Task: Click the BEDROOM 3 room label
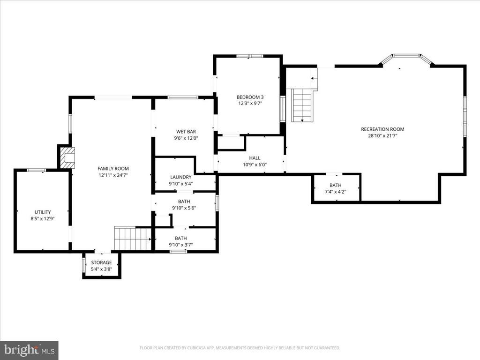tap(250, 97)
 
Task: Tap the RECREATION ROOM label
tap(382, 129)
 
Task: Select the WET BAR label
tap(186, 132)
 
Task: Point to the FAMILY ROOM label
tap(113, 168)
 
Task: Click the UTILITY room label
tap(43, 212)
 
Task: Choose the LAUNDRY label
tap(180, 177)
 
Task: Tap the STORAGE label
tap(101, 262)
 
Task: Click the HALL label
tap(255, 158)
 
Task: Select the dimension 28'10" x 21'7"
tap(382, 136)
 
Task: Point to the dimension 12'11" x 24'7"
tap(113, 175)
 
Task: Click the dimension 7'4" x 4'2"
tap(336, 192)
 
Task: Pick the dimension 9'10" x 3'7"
tap(180, 245)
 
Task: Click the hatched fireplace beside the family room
tap(67, 157)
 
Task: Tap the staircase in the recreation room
tap(302, 105)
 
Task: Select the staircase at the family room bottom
tap(133, 238)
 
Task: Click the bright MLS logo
tap(30, 350)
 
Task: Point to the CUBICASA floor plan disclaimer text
tap(240, 348)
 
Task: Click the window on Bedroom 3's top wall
tap(250, 56)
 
